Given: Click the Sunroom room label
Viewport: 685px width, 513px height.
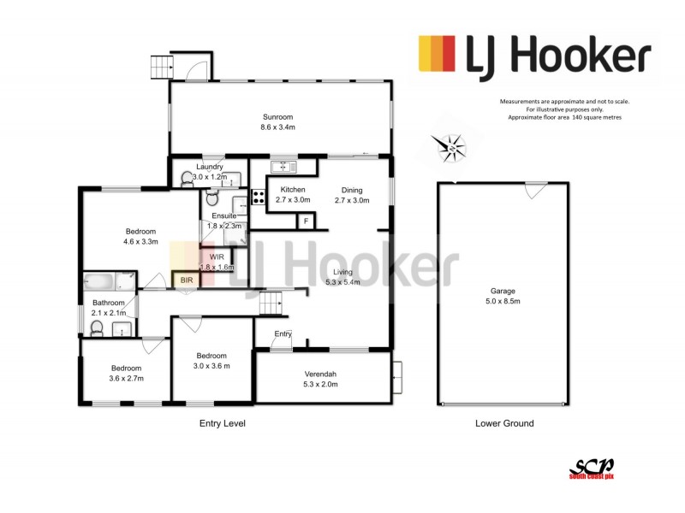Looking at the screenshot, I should [277, 117].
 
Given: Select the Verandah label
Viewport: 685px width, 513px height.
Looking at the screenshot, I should [321, 374].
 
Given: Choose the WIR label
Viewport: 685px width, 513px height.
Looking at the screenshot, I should [216, 256].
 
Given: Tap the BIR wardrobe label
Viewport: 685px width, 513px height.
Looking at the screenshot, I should [186, 280].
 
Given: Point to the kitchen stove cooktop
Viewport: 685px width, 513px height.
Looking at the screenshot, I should [258, 203].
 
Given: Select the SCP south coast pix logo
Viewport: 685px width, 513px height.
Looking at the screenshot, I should [592, 467].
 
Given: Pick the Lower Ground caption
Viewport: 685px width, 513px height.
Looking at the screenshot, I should [504, 423].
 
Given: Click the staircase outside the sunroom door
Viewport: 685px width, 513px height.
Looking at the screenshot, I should [161, 67].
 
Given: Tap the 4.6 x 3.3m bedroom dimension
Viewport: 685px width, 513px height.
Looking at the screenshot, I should [141, 243].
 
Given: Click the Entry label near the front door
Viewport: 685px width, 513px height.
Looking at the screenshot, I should [283, 333].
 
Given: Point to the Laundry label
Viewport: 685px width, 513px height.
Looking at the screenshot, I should [210, 167].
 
